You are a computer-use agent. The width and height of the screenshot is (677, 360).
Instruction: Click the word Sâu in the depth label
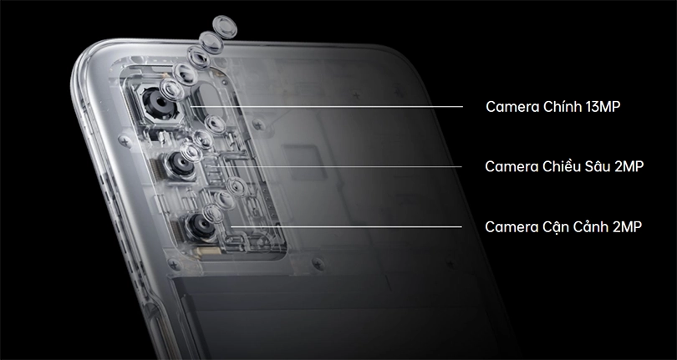coord(598,167)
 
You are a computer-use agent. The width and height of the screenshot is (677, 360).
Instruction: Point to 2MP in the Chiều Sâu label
coord(629,167)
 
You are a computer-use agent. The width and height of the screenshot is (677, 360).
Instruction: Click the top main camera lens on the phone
coord(155,104)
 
